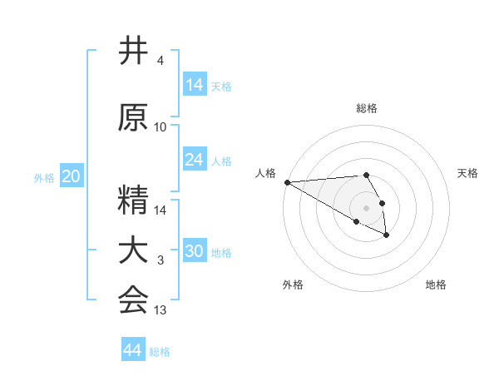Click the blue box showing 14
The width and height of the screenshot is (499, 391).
click(x=195, y=84)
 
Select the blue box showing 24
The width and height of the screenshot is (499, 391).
click(x=195, y=159)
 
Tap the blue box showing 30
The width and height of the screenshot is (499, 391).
click(x=195, y=250)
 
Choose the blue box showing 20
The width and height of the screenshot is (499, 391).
click(x=72, y=176)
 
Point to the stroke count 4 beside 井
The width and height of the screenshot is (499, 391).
click(x=160, y=61)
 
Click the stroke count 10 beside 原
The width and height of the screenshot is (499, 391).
click(x=161, y=127)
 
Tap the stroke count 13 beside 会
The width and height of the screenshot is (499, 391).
click(x=161, y=310)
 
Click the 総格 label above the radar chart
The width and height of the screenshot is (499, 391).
click(x=367, y=108)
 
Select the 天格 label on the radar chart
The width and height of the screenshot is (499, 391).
click(x=468, y=173)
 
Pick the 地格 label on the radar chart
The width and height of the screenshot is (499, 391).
click(x=436, y=285)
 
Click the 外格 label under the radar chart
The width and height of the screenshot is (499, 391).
click(x=293, y=285)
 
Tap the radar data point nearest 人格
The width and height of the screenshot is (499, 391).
click(x=286, y=182)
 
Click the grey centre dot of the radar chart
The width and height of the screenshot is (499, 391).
click(x=366, y=208)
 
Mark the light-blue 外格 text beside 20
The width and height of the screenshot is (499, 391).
click(x=44, y=177)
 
